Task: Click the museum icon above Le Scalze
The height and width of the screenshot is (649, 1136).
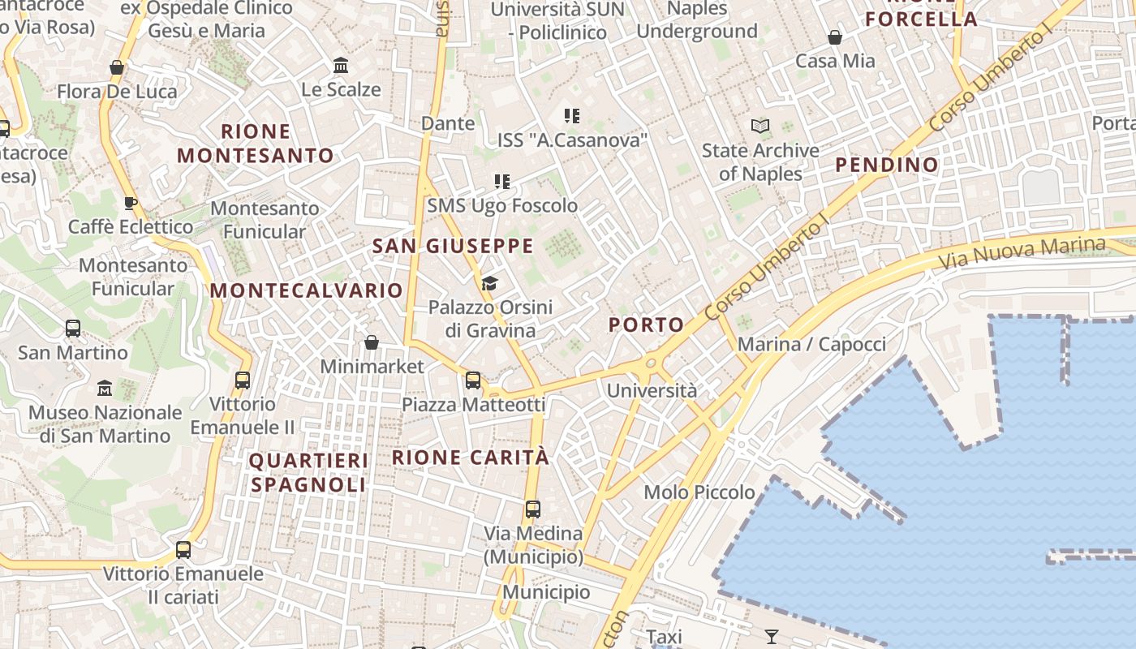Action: coord(341,65)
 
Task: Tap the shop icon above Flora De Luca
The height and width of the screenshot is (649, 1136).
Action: coord(117,67)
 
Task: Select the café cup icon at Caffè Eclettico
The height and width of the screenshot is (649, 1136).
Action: coord(131,203)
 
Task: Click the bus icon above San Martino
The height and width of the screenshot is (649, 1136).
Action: coord(73,329)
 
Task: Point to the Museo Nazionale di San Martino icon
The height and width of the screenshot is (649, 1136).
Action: coord(105,389)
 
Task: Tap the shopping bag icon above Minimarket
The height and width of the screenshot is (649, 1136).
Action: coord(372,342)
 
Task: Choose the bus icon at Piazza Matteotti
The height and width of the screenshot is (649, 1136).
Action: coord(473,380)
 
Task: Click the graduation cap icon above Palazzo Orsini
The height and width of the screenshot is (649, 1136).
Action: coord(489,283)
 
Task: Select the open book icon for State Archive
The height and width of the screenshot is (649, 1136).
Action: coord(760,126)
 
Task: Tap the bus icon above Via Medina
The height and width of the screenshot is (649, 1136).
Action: coord(532,509)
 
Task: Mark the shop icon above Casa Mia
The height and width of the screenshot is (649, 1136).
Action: coord(834,37)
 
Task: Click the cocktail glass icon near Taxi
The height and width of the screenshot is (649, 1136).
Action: coord(772,637)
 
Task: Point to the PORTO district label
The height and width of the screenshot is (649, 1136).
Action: coord(647,325)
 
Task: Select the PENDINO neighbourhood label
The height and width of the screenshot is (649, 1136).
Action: coord(887,165)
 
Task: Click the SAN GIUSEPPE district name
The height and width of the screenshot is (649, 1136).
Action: coord(453,246)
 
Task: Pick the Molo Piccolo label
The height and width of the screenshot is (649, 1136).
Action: coord(699,492)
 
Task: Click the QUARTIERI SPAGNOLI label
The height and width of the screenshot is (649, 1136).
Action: coord(308,473)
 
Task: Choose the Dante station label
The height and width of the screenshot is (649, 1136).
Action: coord(448,123)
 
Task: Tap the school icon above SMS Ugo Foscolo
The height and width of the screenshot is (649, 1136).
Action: coord(502,182)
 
